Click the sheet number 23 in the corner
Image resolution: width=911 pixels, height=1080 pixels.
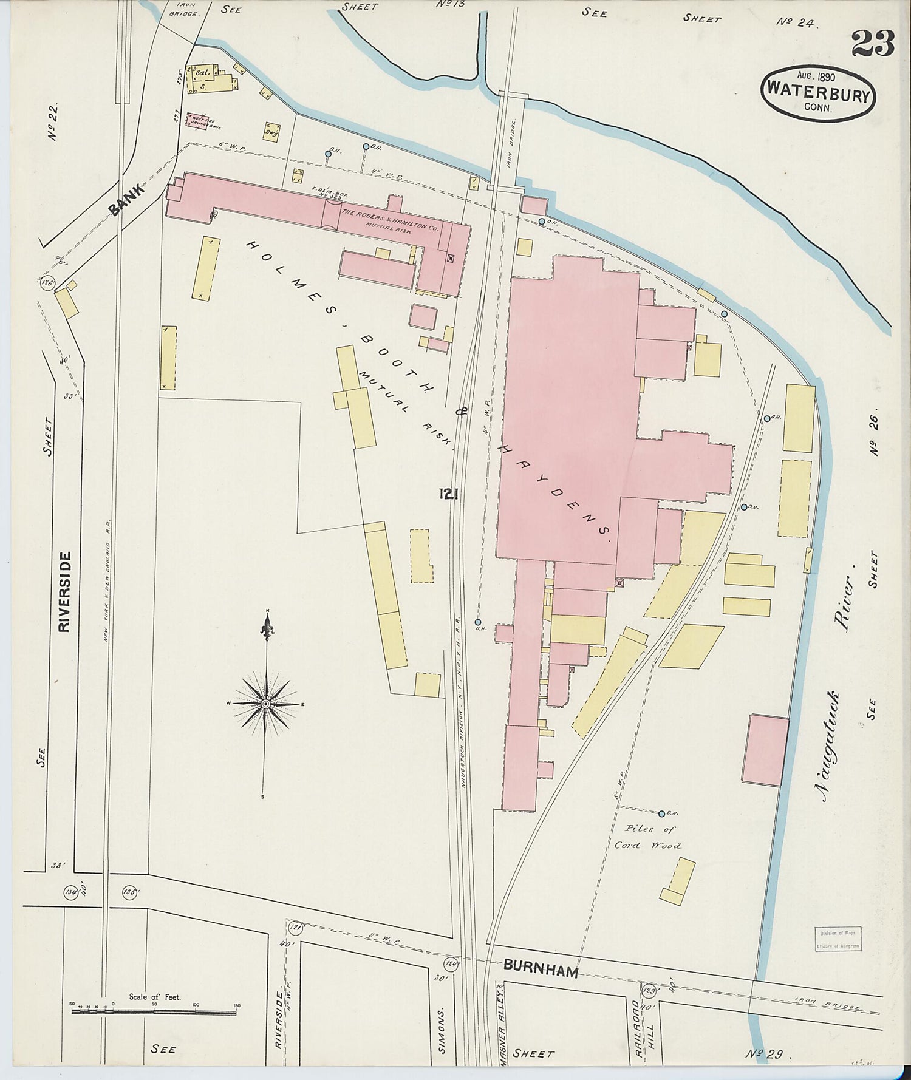point(873,44)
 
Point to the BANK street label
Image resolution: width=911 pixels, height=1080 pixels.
point(128,200)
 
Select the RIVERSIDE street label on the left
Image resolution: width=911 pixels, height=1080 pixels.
point(65,591)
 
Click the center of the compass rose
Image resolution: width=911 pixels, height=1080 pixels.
point(265,704)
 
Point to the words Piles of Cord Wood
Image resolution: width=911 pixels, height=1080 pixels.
point(648,837)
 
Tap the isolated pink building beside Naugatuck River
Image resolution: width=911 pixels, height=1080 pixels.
point(765,750)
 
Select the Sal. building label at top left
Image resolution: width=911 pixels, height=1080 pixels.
point(202,72)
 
